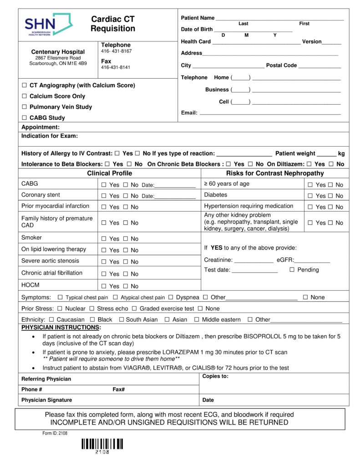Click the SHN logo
[48, 25]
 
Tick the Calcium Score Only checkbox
[25, 96]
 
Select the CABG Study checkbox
[25, 118]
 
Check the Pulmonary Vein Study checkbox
[25, 107]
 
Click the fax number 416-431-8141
[116, 67]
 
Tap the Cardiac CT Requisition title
[113, 24]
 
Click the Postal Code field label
[281, 66]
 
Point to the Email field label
[189, 113]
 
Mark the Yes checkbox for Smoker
[104, 239]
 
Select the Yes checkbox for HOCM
[104, 286]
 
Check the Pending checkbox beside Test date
[292, 270]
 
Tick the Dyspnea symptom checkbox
[171, 297]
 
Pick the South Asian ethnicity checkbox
[121, 319]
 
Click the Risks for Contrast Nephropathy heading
[275, 173]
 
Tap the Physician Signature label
[46, 400]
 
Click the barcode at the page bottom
[102, 444]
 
